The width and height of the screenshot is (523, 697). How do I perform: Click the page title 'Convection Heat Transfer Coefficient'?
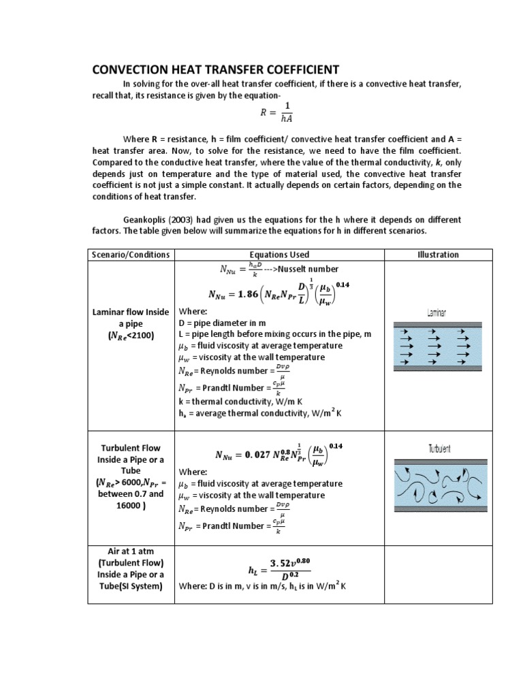click(x=215, y=69)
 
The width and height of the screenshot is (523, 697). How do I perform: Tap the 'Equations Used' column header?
click(x=279, y=255)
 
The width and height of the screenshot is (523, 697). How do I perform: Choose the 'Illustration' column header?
click(x=437, y=255)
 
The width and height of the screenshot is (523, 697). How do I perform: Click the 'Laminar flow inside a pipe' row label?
click(x=130, y=323)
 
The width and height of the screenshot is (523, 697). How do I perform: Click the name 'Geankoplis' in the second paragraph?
click(x=148, y=220)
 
